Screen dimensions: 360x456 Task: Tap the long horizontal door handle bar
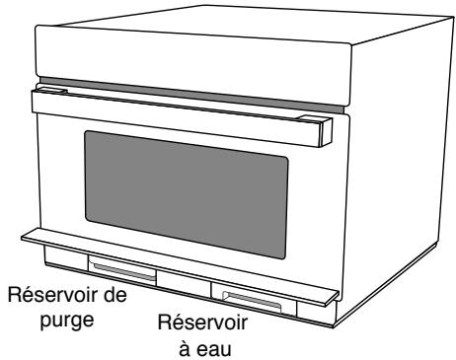[178, 105]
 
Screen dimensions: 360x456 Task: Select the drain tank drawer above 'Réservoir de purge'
[122, 267]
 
